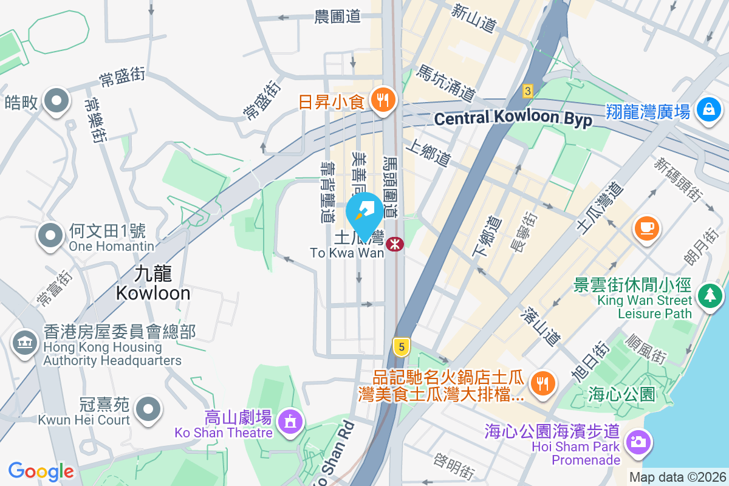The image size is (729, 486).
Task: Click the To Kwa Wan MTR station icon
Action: click(395, 244)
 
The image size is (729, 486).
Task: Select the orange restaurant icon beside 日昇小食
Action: click(382, 100)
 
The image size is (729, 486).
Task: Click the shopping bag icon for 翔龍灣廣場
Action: click(708, 111)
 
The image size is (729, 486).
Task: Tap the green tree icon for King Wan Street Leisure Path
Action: click(708, 296)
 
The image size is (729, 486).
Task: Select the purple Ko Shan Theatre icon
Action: click(290, 420)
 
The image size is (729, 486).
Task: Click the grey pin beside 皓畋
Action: click(57, 101)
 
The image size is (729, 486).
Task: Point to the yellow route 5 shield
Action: click(400, 347)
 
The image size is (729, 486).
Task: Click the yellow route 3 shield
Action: click(527, 91)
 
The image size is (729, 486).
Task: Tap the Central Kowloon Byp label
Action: click(513, 118)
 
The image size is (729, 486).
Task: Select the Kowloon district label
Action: click(152, 284)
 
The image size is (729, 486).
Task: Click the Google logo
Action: click(41, 471)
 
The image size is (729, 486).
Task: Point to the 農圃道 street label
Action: click(338, 16)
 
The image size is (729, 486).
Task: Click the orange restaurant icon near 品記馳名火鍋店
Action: click(541, 383)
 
